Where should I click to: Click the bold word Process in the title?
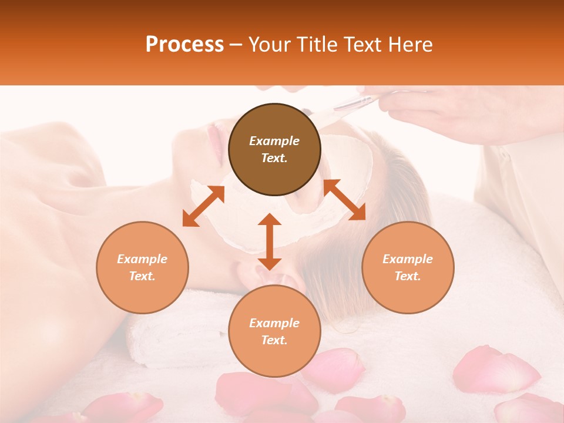tap(184, 45)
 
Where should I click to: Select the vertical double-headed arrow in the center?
tap(270, 241)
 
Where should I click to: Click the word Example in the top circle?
tap(274, 141)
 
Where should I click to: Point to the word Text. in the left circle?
tap(142, 276)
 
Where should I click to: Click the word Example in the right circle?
tap(408, 259)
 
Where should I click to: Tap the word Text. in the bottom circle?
tap(274, 340)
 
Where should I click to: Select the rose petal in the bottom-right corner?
tap(529, 408)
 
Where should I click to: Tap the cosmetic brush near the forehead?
tap(352, 105)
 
